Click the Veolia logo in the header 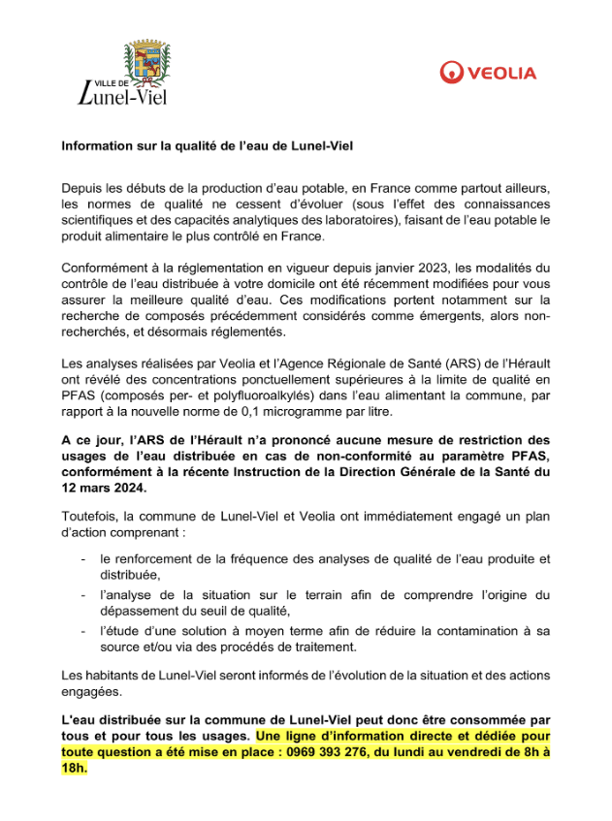point(488,73)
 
